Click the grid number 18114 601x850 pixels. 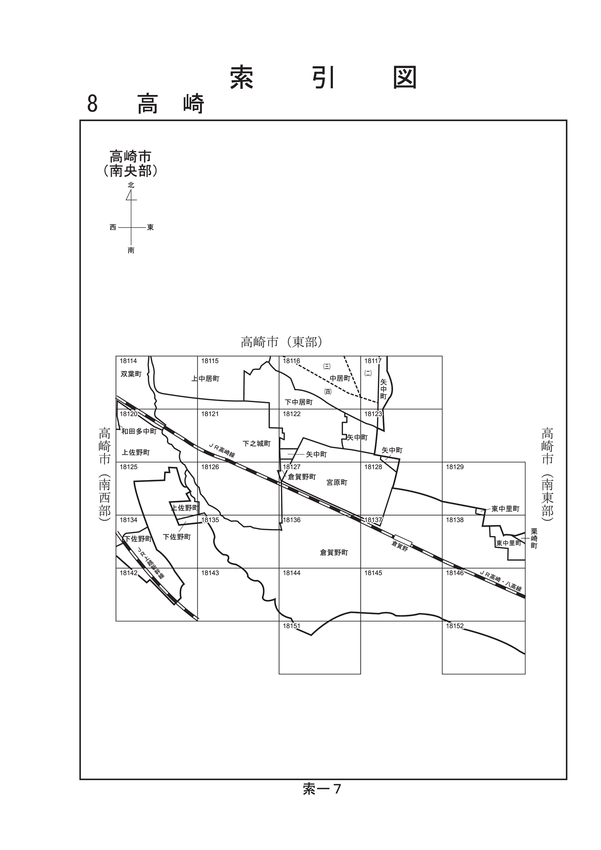pos(128,361)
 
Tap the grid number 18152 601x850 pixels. pos(455,626)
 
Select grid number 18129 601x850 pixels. pos(455,467)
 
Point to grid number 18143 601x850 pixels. pos(210,573)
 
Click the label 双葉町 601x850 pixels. pos(131,374)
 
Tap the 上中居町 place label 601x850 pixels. pos(205,378)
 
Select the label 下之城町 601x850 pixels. pos(256,444)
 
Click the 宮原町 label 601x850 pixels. pos(337,483)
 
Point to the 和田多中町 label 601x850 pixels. pos(139,431)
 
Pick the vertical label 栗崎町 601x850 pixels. pos(534,539)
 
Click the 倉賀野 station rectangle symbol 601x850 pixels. pos(402,540)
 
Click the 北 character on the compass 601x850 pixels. pos(131,185)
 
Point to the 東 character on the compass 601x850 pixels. pos(150,227)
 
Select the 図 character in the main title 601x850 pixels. pos(405,77)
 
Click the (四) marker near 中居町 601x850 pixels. pos(328,392)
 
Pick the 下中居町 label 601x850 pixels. pos(298,402)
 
